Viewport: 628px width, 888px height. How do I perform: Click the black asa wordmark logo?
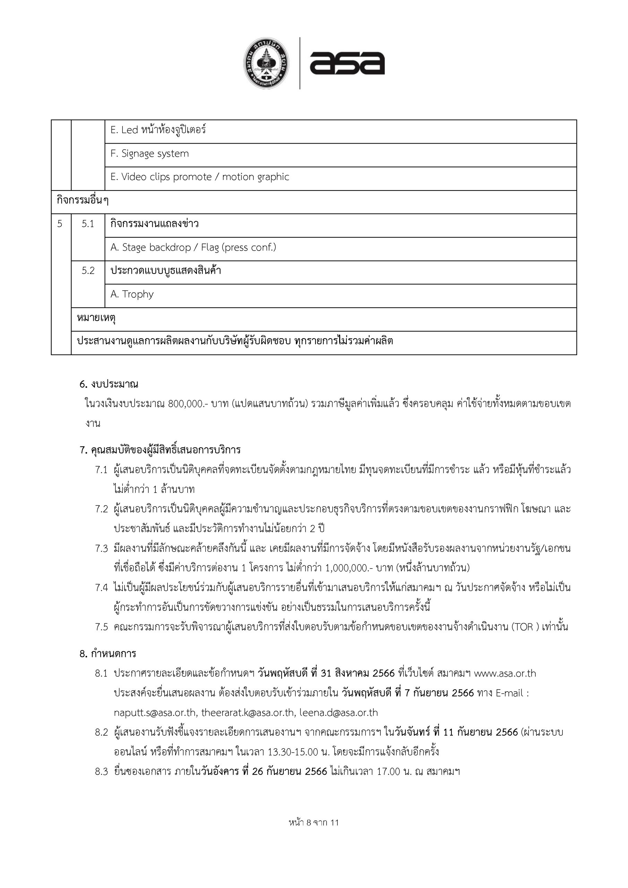[347, 63]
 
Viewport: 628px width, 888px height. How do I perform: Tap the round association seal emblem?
[267, 63]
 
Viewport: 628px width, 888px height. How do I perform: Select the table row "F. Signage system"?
[150, 154]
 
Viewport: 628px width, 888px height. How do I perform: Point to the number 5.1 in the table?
[88, 224]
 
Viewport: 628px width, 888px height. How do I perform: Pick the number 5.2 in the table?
[88, 271]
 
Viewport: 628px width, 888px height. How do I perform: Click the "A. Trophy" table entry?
[132, 294]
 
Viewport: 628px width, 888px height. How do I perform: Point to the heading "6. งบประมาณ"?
[109, 384]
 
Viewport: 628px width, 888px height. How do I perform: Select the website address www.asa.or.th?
[505, 673]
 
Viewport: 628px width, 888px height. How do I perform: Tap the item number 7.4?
[101, 588]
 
